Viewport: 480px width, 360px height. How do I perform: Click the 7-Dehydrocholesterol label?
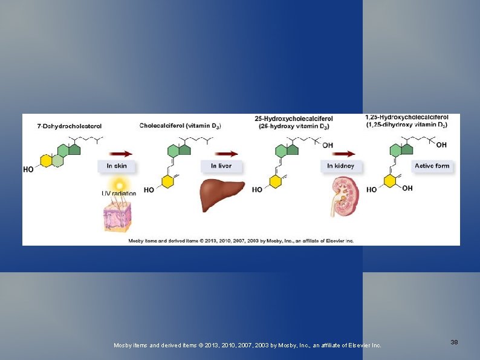pyautogui.click(x=70, y=126)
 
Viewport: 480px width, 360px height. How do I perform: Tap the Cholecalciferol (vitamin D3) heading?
pyautogui.click(x=180, y=126)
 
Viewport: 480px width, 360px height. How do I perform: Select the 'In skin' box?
pyautogui.click(x=117, y=166)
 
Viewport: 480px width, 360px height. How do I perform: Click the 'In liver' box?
pyautogui.click(x=221, y=166)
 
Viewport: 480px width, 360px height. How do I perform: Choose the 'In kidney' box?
pyautogui.click(x=340, y=166)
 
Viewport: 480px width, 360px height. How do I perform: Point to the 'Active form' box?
pyautogui.click(x=432, y=166)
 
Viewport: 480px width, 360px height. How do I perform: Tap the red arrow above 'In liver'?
pyautogui.click(x=225, y=154)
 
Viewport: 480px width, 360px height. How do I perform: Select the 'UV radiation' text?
pyautogui.click(x=118, y=194)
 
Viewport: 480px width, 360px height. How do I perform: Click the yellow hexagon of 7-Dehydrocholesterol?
pyautogui.click(x=45, y=160)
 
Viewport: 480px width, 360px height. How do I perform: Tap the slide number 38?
pyautogui.click(x=454, y=342)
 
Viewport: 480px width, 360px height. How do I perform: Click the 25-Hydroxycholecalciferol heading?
pyautogui.click(x=294, y=122)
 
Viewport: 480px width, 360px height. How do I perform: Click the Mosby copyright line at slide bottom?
pyautogui.click(x=248, y=345)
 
